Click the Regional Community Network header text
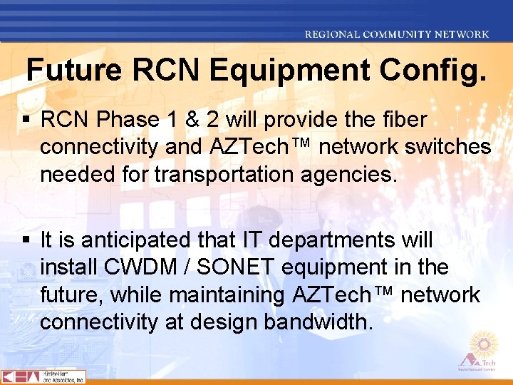coord(397,34)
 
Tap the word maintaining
coord(227,295)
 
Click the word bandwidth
coord(318,322)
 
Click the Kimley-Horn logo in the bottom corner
coord(43,376)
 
